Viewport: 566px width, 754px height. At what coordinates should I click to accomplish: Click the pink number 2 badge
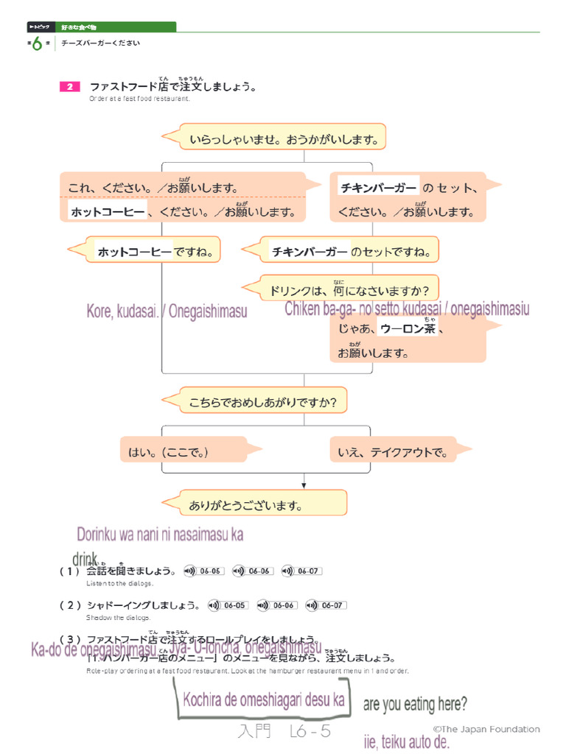pyautogui.click(x=69, y=87)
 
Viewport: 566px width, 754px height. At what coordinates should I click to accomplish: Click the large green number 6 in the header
pyautogui.click(x=36, y=45)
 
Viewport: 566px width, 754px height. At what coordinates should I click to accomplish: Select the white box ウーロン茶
pyautogui.click(x=407, y=329)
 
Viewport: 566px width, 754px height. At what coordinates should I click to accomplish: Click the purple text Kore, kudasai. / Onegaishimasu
pyautogui.click(x=167, y=312)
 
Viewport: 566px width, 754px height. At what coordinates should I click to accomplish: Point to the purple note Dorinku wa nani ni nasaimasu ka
pyautogui.click(x=160, y=535)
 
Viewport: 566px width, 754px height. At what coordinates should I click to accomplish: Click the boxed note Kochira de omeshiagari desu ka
pyautogui.click(x=263, y=700)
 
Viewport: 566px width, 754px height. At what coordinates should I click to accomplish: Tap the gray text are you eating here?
pyautogui.click(x=415, y=705)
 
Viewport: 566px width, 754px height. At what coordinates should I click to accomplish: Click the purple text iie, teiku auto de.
pyautogui.click(x=406, y=741)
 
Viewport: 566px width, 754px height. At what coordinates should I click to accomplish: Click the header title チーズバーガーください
pyautogui.click(x=100, y=43)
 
